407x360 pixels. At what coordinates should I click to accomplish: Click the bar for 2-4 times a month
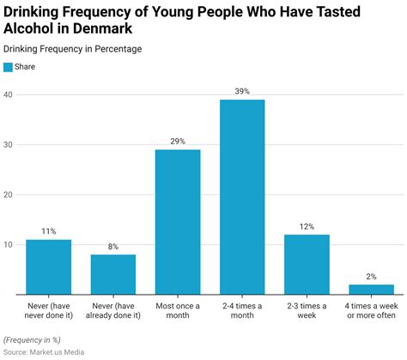pyautogui.click(x=242, y=197)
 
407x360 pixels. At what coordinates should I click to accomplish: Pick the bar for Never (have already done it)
pyautogui.click(x=113, y=274)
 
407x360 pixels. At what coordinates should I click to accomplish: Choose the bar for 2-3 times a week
pyautogui.click(x=307, y=264)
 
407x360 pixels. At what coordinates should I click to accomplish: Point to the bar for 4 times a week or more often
pyautogui.click(x=371, y=290)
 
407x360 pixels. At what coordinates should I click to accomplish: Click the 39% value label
pyautogui.click(x=242, y=91)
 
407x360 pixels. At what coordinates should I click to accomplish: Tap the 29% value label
pyautogui.click(x=178, y=141)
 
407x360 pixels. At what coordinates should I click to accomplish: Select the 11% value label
pyautogui.click(x=48, y=231)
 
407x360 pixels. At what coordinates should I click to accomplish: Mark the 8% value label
pyautogui.click(x=113, y=247)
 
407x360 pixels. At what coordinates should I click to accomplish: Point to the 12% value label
pyautogui.click(x=307, y=227)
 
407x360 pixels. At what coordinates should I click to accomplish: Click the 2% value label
pyautogui.click(x=371, y=277)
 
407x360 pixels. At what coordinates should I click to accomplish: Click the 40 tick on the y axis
pyautogui.click(x=9, y=95)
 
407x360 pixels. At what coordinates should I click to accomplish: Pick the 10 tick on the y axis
pyautogui.click(x=9, y=245)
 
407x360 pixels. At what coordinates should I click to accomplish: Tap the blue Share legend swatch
pyautogui.click(x=9, y=66)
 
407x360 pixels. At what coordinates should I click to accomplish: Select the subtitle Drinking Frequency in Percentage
pyautogui.click(x=73, y=49)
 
